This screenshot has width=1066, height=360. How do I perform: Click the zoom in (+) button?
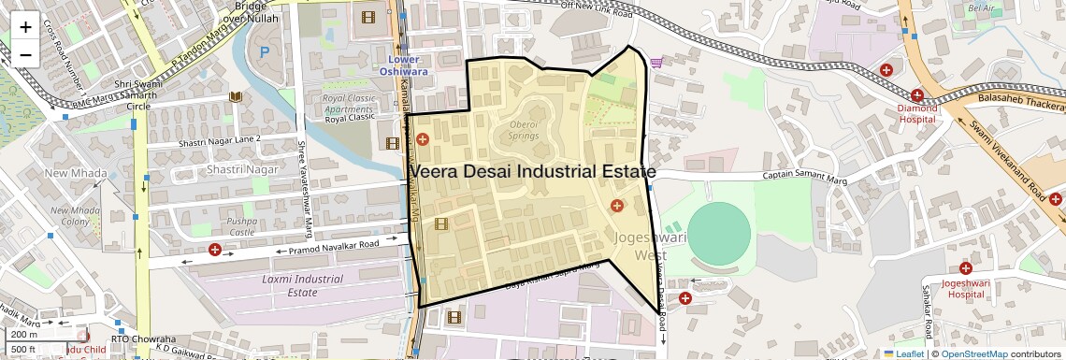coord(25,27)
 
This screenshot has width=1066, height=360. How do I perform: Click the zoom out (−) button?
coord(25,54)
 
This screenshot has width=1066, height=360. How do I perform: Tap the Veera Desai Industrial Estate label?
coord(531,172)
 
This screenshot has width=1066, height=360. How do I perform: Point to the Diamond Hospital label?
coord(916,113)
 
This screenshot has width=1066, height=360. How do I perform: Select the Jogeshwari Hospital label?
coord(965,287)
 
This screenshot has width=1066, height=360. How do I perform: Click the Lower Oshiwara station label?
coord(403,65)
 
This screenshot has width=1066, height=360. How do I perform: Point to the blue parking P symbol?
coord(264,51)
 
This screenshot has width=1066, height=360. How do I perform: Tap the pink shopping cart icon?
coord(656,63)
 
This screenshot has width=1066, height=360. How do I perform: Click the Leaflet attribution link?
coord(903,353)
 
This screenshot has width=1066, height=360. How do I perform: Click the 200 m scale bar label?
coord(25,334)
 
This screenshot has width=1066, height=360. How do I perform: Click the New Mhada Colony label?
coord(75,215)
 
